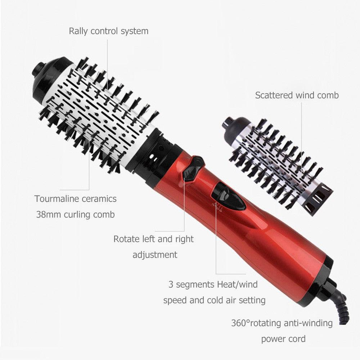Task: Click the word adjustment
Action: point(155,255)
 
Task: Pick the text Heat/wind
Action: point(237,284)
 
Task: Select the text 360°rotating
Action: point(256,323)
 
